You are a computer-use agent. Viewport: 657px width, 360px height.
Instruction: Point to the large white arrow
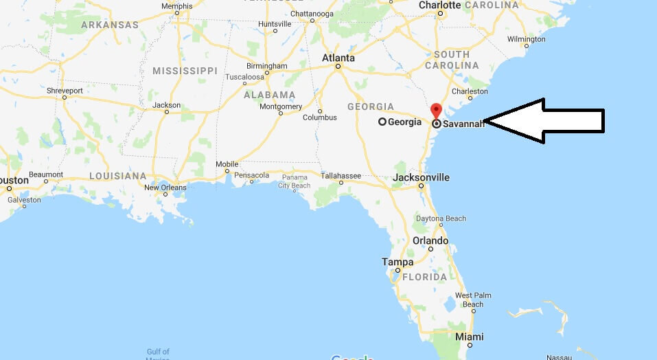click(x=546, y=121)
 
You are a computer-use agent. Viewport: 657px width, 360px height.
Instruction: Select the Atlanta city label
click(x=338, y=58)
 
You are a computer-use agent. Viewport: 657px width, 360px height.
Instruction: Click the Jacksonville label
click(x=422, y=177)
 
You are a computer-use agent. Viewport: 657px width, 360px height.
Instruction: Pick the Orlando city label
click(x=430, y=241)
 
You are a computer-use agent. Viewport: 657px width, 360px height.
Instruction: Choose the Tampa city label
click(x=398, y=262)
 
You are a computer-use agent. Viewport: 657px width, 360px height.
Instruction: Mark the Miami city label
click(x=470, y=337)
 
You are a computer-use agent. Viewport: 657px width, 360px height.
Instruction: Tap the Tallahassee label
click(x=341, y=176)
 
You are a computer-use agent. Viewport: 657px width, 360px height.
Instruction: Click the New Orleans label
click(x=165, y=188)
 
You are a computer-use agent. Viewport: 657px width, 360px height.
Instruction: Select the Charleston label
click(x=470, y=91)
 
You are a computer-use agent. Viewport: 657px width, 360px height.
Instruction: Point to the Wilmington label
click(x=527, y=39)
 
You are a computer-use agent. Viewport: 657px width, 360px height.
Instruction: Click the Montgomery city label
click(x=281, y=106)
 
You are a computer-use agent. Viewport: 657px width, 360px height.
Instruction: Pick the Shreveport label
click(x=65, y=91)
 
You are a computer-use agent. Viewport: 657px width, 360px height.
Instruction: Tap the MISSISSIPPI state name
click(x=185, y=71)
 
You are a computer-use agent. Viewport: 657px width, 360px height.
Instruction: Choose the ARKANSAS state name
click(x=110, y=25)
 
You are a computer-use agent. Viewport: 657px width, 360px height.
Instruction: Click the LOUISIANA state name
click(x=117, y=176)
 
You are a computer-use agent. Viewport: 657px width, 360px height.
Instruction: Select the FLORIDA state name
click(x=424, y=277)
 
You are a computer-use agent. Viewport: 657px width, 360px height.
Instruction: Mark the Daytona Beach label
click(x=441, y=218)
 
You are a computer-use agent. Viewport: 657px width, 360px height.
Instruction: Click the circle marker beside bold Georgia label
click(x=382, y=122)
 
